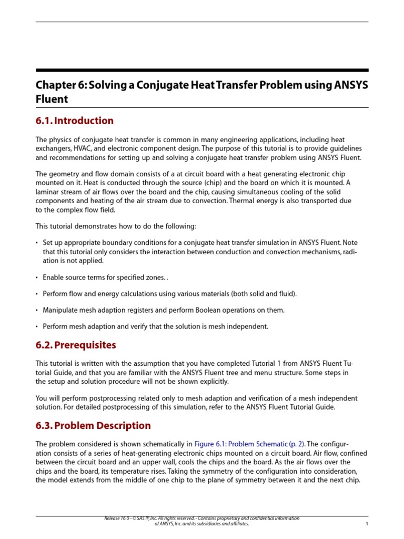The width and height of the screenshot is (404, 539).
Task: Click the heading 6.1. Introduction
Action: click(x=74, y=121)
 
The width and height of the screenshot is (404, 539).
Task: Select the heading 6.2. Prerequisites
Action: click(x=76, y=345)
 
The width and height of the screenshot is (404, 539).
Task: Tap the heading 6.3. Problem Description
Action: click(x=93, y=425)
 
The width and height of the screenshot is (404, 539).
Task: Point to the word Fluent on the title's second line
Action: click(x=52, y=98)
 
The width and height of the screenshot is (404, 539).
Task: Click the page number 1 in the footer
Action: click(x=366, y=524)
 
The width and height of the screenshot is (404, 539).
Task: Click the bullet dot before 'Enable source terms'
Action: click(x=37, y=277)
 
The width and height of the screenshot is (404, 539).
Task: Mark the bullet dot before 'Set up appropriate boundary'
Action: click(x=37, y=243)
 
